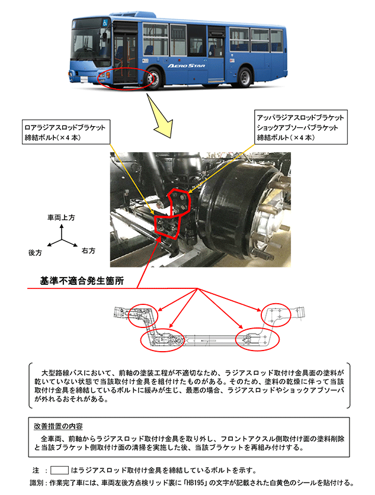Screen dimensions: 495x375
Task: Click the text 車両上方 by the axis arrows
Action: point(60,218)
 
